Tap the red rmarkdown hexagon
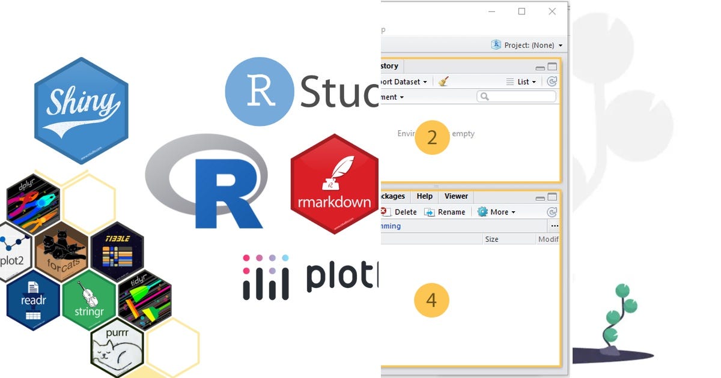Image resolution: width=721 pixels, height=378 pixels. [334, 184]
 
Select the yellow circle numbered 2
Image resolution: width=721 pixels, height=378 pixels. [432, 137]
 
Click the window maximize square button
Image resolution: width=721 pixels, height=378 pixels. [522, 11]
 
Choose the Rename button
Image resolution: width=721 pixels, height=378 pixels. [445, 212]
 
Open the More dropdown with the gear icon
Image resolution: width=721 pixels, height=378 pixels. [496, 212]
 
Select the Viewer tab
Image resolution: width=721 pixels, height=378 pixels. [456, 196]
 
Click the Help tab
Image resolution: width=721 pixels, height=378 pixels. [424, 196]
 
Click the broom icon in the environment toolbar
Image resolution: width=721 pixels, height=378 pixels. [443, 82]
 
